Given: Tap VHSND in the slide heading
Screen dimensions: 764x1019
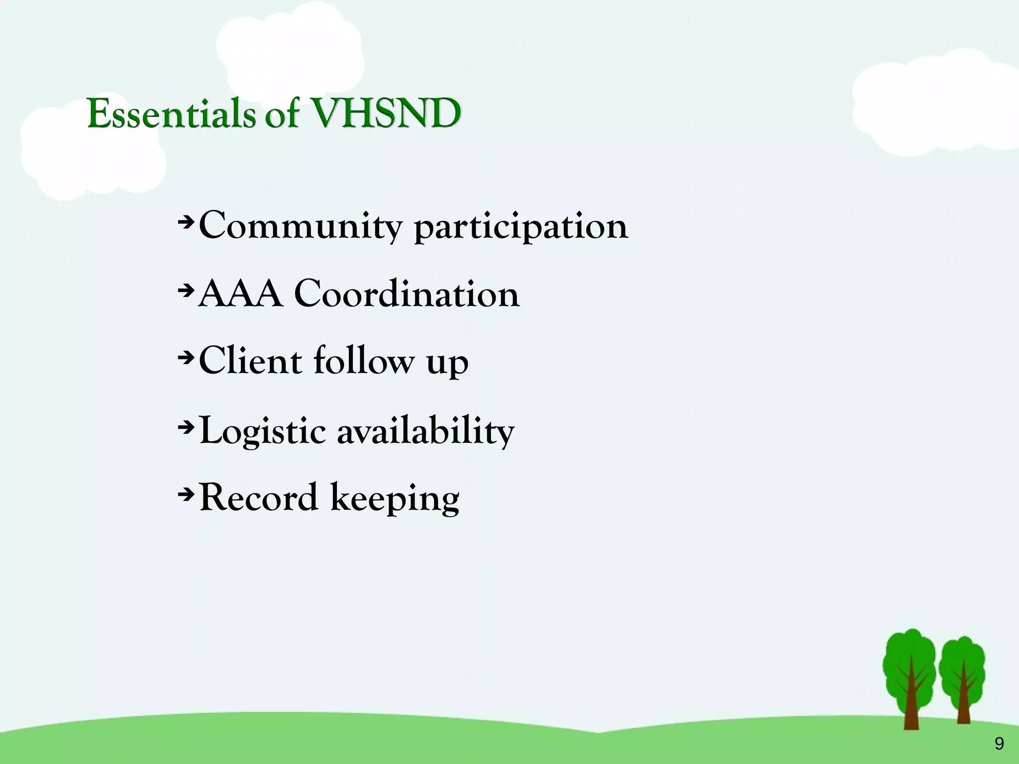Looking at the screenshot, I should click(x=385, y=114).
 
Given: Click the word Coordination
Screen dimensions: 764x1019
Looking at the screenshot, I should click(x=407, y=294).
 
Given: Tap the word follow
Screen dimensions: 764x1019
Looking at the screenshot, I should click(x=363, y=361).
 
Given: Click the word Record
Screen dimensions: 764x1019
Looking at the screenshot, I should click(x=258, y=497).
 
